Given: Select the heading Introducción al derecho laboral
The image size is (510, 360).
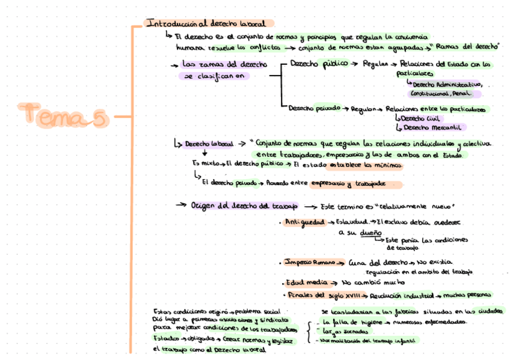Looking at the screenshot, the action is click(206, 23).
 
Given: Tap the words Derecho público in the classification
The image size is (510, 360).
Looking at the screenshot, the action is click(318, 63).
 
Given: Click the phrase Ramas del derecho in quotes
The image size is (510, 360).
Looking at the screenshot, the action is click(466, 46).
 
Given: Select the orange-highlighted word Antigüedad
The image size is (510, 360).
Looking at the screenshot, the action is click(304, 222).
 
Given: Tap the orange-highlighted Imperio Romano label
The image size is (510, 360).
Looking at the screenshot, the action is click(310, 263).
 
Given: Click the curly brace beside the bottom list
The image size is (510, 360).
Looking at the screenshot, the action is click(308, 331).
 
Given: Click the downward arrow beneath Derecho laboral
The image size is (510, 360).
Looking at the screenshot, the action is click(204, 153).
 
